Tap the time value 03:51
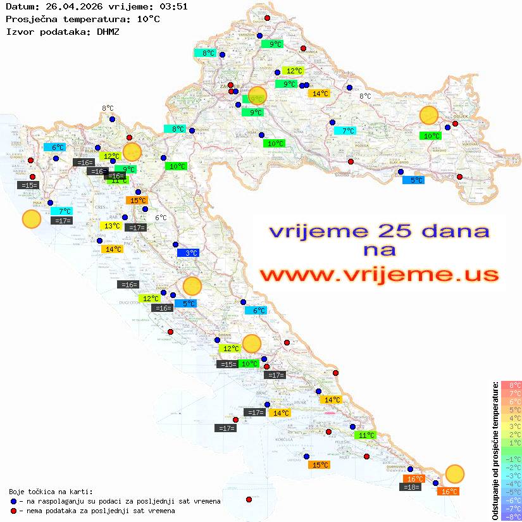click(173, 6)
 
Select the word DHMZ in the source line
click(108, 31)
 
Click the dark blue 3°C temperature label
click(188, 252)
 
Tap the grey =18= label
click(411, 487)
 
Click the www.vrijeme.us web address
click(378, 275)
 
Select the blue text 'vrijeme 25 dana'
click(378, 232)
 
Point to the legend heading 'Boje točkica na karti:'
click(51, 492)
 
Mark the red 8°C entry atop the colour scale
click(511, 385)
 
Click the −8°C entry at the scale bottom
click(511, 516)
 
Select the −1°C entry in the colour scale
click(511, 459)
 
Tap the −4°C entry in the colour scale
click(511, 483)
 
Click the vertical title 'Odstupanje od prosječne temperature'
click(495, 451)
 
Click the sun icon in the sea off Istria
click(31, 220)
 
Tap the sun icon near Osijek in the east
click(429, 116)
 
